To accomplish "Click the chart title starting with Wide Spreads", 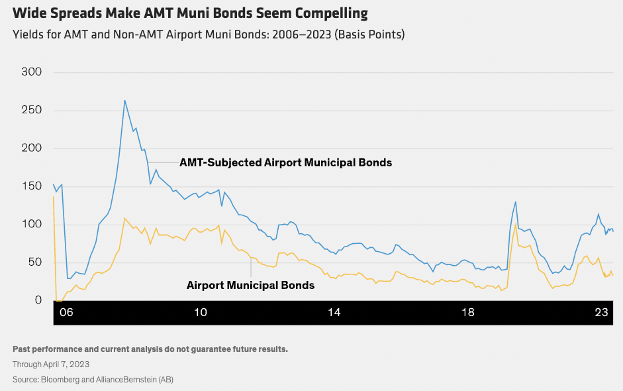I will coord(190,13).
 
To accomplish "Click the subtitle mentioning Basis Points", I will coord(209,34).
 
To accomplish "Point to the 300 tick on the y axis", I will coord(32,72).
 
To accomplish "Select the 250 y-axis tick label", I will coord(32,110).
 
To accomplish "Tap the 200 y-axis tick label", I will coord(32,148).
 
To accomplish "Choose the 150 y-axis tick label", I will coord(32,186).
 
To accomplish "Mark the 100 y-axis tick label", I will coord(32,224).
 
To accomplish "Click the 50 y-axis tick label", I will coord(34,262).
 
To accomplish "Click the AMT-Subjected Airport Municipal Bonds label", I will coord(285,162).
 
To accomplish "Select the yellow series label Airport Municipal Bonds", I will coord(250,285).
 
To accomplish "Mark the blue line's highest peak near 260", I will coord(124,101).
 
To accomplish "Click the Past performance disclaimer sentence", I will coord(150,349).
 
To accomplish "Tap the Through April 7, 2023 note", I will coord(51,364).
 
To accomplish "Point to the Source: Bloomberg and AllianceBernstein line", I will coord(93,379).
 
